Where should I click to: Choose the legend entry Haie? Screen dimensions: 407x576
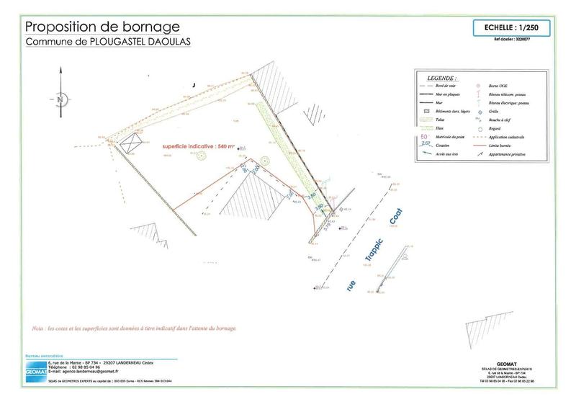[440, 128]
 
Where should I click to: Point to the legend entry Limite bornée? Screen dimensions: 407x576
[503, 145]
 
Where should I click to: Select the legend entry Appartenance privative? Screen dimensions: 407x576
[510, 153]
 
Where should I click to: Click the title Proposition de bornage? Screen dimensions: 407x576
[97, 27]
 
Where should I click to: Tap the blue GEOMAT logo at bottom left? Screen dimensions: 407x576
[34, 367]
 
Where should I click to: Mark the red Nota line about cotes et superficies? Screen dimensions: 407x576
[134, 327]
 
